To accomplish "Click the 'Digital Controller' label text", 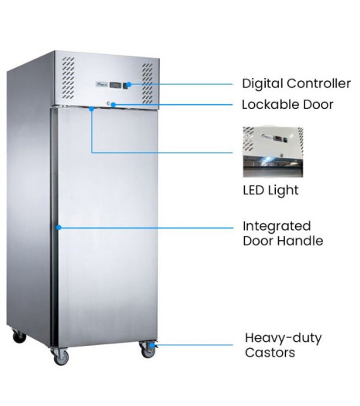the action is [296, 83].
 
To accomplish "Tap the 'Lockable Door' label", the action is [287, 105].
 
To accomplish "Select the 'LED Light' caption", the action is [270, 191].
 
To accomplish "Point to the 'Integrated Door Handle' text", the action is [283, 234].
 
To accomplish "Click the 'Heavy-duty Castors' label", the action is [284, 345].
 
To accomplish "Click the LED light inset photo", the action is [273, 152].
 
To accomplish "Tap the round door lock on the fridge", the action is [109, 104].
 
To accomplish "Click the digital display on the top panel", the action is [115, 85].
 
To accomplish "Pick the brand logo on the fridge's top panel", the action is [102, 84].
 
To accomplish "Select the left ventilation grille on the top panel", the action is [68, 78].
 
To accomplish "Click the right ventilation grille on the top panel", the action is [148, 83].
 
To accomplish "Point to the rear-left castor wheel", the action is [19, 336].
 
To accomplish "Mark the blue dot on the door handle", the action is [59, 228].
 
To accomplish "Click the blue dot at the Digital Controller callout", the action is [129, 84].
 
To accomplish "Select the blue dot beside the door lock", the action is [113, 105].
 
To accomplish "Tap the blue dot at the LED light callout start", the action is [91, 109].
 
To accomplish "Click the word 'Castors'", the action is [270, 353].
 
